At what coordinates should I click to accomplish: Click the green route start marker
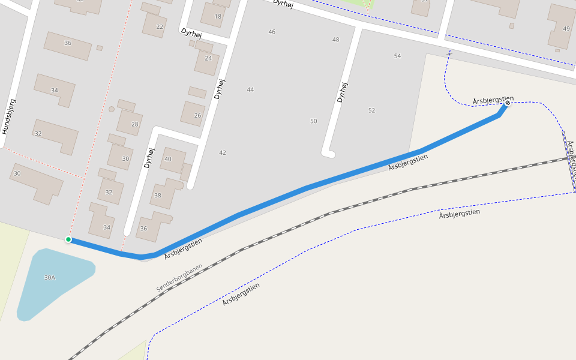pos(68,240)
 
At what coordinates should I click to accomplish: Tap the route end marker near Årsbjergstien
pos(508,103)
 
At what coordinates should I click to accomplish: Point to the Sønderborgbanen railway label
pos(179,278)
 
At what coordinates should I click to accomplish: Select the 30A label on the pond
pos(49,278)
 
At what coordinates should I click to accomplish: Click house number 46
pos(272,32)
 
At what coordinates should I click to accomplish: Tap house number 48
pos(335,40)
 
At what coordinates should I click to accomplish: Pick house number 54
pos(397,56)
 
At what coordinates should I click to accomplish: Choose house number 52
pos(371,110)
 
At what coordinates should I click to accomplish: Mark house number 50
pos(313,121)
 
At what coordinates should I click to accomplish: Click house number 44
pos(250,90)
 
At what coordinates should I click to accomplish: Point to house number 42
pos(223,153)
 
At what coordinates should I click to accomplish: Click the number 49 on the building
pos(566,29)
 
